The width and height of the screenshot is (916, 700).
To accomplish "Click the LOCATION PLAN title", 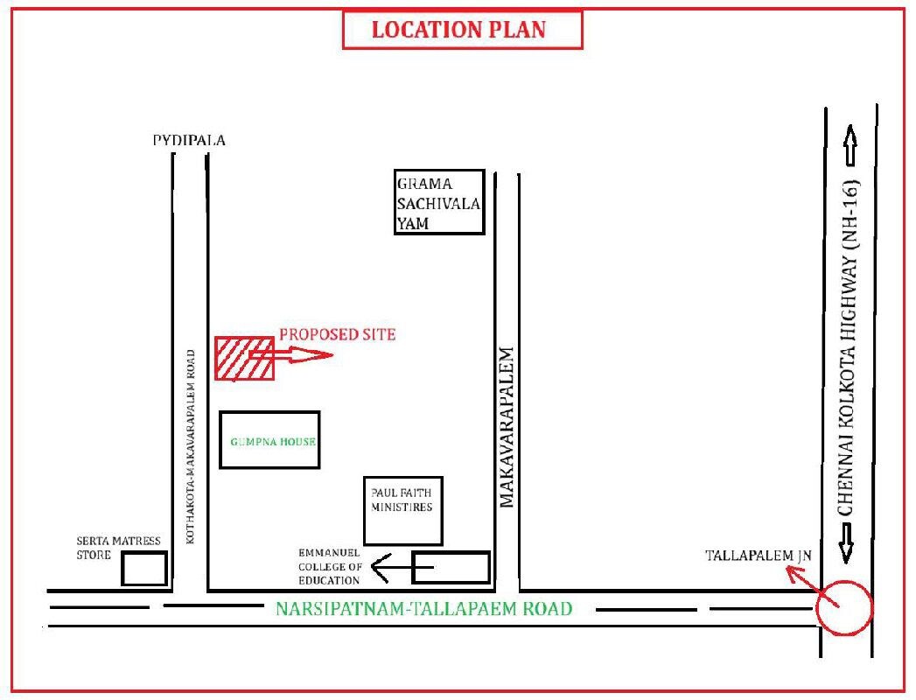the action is pos(458,30).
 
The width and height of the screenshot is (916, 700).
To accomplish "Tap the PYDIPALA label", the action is pos(189,140).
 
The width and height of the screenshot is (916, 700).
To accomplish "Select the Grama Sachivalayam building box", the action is pos(439,202).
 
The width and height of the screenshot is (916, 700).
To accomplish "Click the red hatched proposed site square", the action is pos(244,359).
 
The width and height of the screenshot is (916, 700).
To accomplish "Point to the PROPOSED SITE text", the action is pos(337,334).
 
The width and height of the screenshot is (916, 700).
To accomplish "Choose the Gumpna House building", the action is pos(269,440).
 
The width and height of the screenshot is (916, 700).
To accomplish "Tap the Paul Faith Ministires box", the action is pos(403,511).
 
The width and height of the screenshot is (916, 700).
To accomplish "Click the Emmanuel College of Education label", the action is pos(330,566).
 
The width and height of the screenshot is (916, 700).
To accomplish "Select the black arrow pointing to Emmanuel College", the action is pos(402,567).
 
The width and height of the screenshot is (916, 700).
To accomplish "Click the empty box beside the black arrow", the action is pos(451,567).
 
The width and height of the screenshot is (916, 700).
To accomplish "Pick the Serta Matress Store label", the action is pos(118,548).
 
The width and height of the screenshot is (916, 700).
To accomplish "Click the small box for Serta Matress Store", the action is pos(144,569).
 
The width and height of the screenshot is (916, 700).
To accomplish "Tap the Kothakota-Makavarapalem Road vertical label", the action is pos(191,447).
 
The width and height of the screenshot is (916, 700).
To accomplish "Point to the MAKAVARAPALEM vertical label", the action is pos(506,427).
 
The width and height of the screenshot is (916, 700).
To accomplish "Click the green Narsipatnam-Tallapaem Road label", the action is pos(423,608).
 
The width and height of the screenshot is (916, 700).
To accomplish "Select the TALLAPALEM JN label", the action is pos(759,555).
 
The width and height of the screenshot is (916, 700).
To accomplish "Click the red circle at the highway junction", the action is pos(844,607).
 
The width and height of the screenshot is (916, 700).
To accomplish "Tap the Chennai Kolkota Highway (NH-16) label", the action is pos(849,347).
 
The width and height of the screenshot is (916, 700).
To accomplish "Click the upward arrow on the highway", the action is pos(850,145).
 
